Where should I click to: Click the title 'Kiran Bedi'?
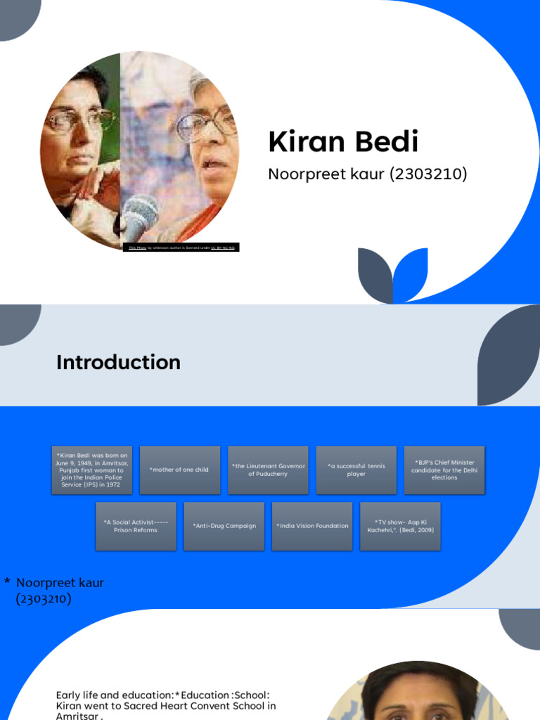pos(343,142)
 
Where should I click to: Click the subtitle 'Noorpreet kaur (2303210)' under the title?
pos(367,174)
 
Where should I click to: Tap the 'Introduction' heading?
pos(118,362)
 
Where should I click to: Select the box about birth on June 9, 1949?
pos(91,470)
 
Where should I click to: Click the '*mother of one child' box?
pos(179,470)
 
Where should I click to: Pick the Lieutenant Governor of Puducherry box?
pos(268,470)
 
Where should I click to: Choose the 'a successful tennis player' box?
pos(356,470)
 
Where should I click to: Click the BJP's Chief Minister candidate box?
pos(444,470)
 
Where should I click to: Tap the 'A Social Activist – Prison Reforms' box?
pos(136,526)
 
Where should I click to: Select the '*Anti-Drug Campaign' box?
pos(224,526)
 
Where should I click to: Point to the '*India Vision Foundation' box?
pos(312,526)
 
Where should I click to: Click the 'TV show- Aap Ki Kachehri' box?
pos(400,526)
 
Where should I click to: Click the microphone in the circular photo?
pos(139,215)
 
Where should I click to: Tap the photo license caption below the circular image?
pos(181,247)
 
